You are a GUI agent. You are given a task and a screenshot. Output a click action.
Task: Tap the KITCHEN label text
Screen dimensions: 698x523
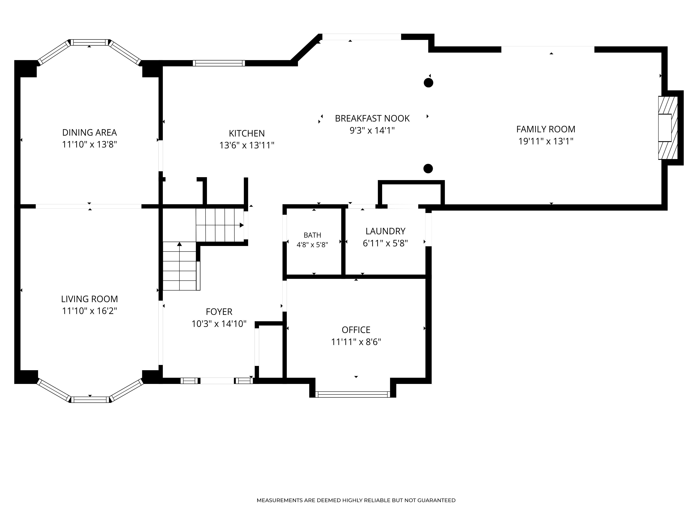tap(247, 133)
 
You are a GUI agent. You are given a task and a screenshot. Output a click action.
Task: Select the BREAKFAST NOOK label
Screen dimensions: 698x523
tap(372, 119)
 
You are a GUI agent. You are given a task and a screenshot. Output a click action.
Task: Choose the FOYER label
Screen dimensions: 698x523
tap(219, 312)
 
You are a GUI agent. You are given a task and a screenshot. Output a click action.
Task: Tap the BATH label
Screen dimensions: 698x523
tap(312, 235)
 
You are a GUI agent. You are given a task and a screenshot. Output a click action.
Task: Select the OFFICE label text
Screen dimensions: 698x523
tap(356, 330)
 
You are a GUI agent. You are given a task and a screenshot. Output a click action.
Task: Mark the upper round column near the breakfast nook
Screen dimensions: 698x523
tap(428, 83)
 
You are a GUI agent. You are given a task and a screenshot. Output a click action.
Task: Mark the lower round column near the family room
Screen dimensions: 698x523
tap(428, 169)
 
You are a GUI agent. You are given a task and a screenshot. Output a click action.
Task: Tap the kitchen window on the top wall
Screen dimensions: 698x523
tap(219, 63)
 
